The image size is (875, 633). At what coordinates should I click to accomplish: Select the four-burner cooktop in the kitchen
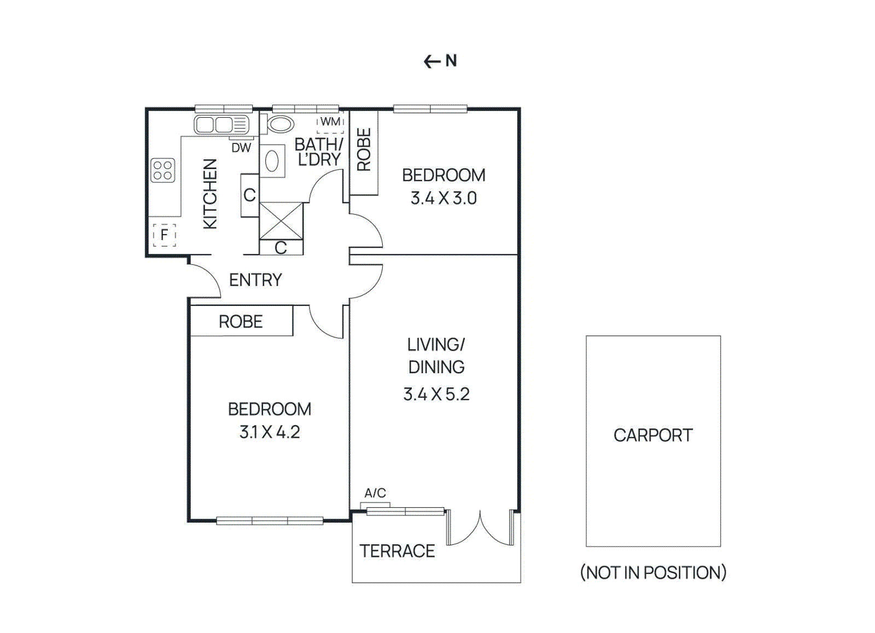pyautogui.click(x=163, y=170)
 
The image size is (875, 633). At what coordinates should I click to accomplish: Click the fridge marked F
pyautogui.click(x=164, y=235)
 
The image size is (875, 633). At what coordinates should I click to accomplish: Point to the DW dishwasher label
pyautogui.click(x=241, y=148)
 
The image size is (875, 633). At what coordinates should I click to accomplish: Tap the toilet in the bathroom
pyautogui.click(x=280, y=124)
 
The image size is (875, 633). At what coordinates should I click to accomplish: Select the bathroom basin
pyautogui.click(x=272, y=161)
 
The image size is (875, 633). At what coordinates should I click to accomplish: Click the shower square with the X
pyautogui.click(x=281, y=221)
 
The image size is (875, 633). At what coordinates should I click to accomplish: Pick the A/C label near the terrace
pyautogui.click(x=375, y=493)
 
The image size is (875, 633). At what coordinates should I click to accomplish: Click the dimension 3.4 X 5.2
pyautogui.click(x=436, y=394)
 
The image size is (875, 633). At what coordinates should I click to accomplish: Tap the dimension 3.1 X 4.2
pyautogui.click(x=270, y=432)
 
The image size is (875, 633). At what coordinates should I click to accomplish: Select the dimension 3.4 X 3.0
pyautogui.click(x=444, y=198)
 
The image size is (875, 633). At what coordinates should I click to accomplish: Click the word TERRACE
pyautogui.click(x=397, y=551)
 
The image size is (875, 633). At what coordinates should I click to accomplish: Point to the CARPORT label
pyautogui.click(x=653, y=435)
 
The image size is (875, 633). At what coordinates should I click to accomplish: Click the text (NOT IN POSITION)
pyautogui.click(x=653, y=573)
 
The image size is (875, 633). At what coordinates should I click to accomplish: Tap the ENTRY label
pyautogui.click(x=255, y=280)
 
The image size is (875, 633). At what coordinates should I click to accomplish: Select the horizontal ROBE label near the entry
pyautogui.click(x=241, y=322)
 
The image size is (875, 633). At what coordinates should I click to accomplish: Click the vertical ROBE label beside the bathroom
pyautogui.click(x=364, y=150)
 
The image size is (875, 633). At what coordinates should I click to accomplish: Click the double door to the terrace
pyautogui.click(x=481, y=529)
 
